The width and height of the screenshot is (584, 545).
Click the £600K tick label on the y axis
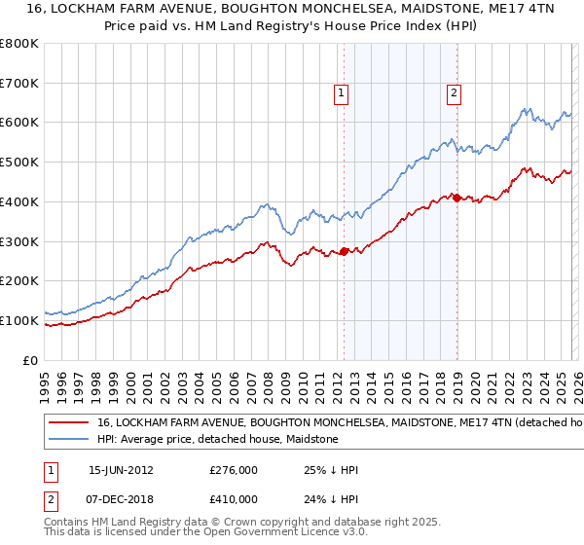click(x=20, y=123)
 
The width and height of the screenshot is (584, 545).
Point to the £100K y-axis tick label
click(x=20, y=320)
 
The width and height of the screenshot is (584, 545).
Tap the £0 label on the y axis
click(x=31, y=360)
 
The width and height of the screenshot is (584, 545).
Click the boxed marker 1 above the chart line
click(x=343, y=93)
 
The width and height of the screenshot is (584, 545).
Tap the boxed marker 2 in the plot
click(x=455, y=93)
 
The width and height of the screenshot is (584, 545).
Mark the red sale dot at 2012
click(x=345, y=251)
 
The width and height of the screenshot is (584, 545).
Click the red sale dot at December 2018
click(x=456, y=198)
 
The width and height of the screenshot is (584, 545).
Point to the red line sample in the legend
click(x=67, y=423)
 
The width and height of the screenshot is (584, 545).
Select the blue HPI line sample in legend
click(x=67, y=440)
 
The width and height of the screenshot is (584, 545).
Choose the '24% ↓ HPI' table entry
click(x=331, y=498)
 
